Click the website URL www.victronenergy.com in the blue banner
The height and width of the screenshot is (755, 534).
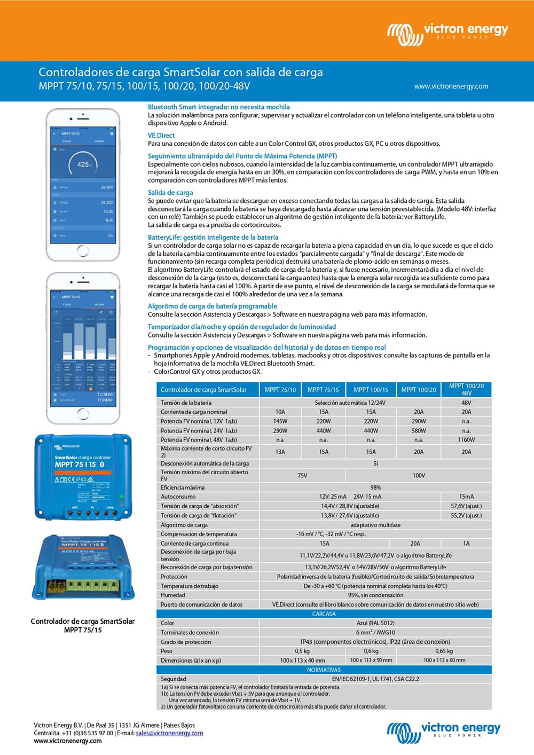pos(451,86)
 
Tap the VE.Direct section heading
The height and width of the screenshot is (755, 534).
pos(161,136)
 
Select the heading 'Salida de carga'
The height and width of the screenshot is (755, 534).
pos(170,193)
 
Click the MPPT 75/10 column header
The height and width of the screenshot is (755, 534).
pos(280,390)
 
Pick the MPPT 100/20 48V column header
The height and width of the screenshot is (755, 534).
pos(466,389)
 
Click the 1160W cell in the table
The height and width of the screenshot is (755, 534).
pos(466,440)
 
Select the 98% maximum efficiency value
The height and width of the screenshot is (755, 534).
pos(375,487)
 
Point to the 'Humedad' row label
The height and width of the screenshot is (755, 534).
pos(173,595)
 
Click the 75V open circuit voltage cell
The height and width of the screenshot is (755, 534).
pos(302,475)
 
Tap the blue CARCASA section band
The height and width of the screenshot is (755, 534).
pos(324,614)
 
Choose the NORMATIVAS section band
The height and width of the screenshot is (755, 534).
pos(324,670)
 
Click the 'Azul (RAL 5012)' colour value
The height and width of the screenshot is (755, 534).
pos(375,623)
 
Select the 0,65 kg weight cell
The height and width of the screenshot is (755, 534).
pos(444,651)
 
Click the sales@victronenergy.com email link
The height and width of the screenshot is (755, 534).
pos(169,733)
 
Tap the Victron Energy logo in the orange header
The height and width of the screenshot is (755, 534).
pos(447,33)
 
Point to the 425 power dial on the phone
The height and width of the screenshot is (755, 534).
pos(83,165)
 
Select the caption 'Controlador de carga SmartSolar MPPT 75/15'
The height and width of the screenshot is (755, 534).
pos(83,626)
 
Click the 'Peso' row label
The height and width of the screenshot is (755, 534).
pos(167,651)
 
